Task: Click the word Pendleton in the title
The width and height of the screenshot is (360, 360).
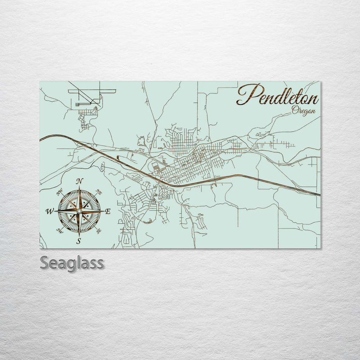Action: click(278, 95)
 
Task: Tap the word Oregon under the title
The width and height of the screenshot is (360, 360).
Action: click(303, 111)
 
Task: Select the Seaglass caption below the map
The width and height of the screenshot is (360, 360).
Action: click(72, 262)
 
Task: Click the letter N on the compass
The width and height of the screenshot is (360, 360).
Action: click(80, 181)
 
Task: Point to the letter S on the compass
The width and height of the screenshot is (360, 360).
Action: click(79, 241)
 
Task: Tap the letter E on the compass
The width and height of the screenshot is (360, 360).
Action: click(108, 211)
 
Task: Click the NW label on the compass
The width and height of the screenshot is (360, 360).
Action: click(59, 193)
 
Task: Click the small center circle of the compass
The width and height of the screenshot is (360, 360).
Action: click(79, 211)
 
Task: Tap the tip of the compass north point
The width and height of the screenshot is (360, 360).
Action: click(79, 186)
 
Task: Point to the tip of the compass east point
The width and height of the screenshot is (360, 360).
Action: click(103, 211)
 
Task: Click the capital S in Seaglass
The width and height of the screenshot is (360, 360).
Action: click(45, 262)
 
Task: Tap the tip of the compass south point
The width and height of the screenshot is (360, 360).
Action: click(79, 235)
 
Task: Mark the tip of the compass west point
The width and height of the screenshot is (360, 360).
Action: click(55, 211)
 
